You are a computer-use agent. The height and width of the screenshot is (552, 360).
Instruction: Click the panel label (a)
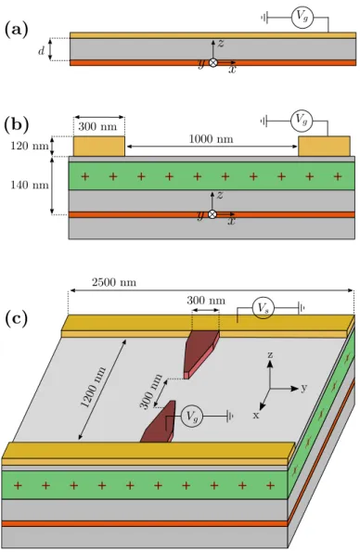pyautogui.click(x=16, y=31)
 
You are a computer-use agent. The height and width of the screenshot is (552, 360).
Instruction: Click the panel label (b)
pyautogui.click(x=16, y=124)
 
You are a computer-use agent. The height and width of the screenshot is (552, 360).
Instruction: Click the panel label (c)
pyautogui.click(x=16, y=319)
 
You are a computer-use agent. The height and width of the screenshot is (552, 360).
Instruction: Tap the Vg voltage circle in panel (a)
pyautogui.click(x=302, y=17)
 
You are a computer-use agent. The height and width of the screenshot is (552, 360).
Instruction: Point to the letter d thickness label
pyautogui.click(x=42, y=51)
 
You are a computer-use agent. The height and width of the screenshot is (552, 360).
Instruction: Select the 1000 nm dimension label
pyautogui.click(x=211, y=139)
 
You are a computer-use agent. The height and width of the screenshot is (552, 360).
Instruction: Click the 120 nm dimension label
pyautogui.click(x=30, y=146)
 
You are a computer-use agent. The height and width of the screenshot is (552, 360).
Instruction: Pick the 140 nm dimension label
pyautogui.click(x=30, y=185)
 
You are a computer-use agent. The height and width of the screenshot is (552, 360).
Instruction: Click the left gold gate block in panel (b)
pyautogui.click(x=99, y=146)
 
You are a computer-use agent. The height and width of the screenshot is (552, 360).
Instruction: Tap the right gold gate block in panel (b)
pyautogui.click(x=324, y=146)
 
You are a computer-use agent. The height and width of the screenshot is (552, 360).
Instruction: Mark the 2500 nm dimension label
pyautogui.click(x=114, y=282)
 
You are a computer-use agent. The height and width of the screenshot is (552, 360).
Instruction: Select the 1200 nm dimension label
pyautogui.click(x=94, y=387)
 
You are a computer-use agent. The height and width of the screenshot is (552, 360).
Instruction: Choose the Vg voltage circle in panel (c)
pyautogui.click(x=192, y=417)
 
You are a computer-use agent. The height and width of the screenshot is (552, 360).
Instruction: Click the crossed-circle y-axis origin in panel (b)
pyautogui.click(x=212, y=214)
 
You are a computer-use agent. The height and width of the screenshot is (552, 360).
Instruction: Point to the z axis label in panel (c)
pyautogui.click(x=270, y=354)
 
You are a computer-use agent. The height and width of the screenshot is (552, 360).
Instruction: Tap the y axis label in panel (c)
pyautogui.click(x=304, y=388)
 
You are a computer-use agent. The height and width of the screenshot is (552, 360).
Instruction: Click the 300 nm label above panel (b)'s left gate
pyautogui.click(x=97, y=126)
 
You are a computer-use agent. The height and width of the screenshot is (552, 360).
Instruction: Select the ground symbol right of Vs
pyautogui.click(x=302, y=309)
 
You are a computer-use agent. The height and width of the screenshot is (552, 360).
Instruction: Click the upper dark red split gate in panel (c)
pyautogui.click(x=200, y=353)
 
